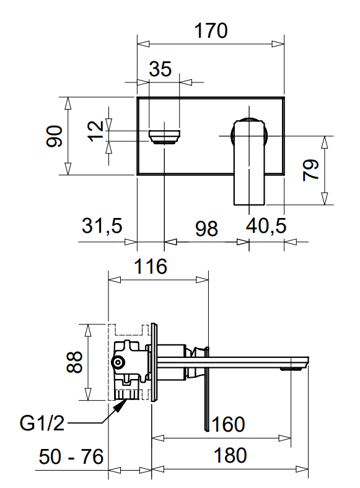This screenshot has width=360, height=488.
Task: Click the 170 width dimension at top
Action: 211,30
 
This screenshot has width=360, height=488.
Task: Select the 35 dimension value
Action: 160,69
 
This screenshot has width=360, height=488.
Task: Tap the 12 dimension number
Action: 95,130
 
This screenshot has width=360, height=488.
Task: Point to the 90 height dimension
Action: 56,136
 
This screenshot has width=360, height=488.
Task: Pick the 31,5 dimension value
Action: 102,227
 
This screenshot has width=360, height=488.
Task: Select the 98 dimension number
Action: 206,228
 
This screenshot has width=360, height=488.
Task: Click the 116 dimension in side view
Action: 151,267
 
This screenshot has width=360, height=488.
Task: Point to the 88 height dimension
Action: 74,362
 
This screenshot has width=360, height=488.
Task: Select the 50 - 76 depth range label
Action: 71,457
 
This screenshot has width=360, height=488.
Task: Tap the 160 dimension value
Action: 228,425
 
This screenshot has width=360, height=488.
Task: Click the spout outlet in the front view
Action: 164,137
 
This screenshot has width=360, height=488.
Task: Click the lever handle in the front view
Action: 249,161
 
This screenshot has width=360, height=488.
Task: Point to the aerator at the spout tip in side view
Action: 292,368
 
